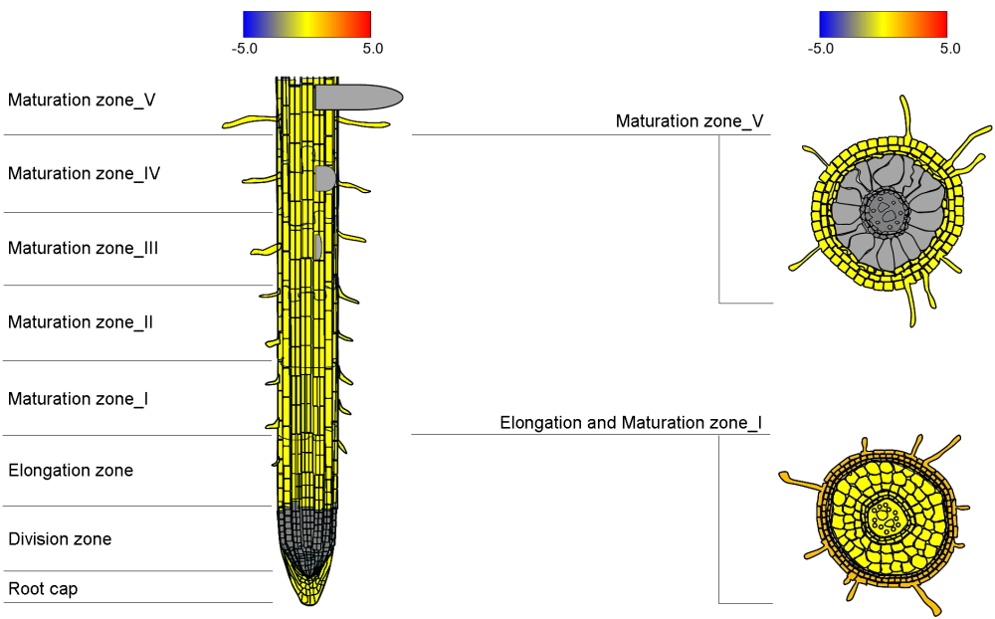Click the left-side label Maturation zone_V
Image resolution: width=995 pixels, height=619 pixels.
(82, 100)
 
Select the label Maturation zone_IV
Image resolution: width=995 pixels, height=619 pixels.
(85, 173)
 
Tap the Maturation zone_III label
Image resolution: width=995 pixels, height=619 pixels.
(84, 248)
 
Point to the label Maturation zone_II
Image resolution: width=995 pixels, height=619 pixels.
(81, 321)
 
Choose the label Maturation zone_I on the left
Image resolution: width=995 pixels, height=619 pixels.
(79, 398)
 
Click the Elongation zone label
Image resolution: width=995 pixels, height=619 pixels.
(71, 470)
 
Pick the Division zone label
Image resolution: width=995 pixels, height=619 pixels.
(60, 538)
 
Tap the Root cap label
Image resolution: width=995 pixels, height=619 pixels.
(43, 588)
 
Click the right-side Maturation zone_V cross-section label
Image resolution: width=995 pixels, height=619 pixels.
(690, 120)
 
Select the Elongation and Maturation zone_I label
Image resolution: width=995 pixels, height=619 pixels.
(631, 423)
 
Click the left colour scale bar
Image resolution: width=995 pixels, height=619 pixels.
(306, 24)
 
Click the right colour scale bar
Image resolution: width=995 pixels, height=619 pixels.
(883, 24)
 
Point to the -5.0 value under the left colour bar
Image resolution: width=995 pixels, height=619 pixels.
(245, 47)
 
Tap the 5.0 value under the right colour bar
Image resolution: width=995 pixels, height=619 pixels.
(950, 47)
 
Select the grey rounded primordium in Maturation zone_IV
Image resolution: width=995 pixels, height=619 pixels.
(324, 178)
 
